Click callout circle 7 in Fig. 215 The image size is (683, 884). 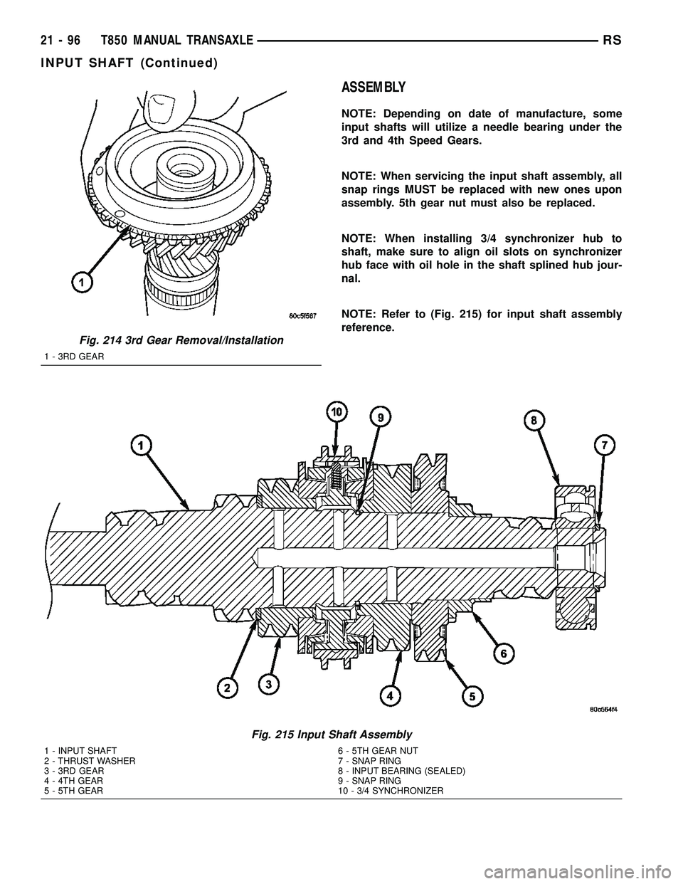(606, 446)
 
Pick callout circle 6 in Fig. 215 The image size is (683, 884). (504, 652)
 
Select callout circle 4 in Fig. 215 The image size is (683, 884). (390, 696)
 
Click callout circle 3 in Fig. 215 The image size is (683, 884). (268, 683)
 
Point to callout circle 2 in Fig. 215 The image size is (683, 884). (228, 689)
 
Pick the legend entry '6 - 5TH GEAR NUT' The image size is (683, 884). (378, 751)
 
